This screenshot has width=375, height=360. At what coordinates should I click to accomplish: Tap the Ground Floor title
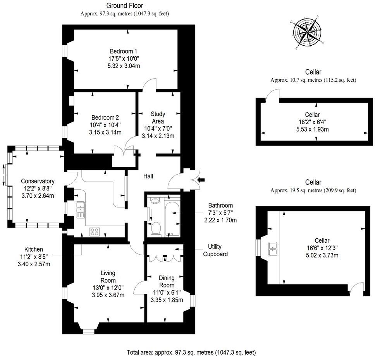pos(124,5)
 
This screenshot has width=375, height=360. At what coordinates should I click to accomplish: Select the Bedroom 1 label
pos(123,51)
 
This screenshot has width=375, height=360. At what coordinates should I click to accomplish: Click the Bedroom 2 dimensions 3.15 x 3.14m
pos(105,132)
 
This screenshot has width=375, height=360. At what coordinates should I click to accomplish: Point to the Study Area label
pos(158,117)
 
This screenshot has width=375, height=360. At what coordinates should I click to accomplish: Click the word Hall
pos(148,176)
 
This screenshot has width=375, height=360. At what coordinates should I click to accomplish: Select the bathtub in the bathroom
pos(172,217)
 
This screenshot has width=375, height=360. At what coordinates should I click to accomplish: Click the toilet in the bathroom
pos(156,228)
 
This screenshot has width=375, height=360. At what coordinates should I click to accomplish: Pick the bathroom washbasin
pos(155,201)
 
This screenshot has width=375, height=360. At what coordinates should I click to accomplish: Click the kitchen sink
pos(80,209)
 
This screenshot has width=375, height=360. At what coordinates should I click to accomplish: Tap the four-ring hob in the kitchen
pos(95,231)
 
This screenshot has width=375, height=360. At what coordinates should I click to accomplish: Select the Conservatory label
pos(38,181)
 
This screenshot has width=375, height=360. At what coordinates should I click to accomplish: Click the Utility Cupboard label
pos(215,250)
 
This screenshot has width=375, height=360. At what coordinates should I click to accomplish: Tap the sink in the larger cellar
pos(273,249)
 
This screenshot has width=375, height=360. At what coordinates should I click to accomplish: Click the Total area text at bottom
pos(191,353)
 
